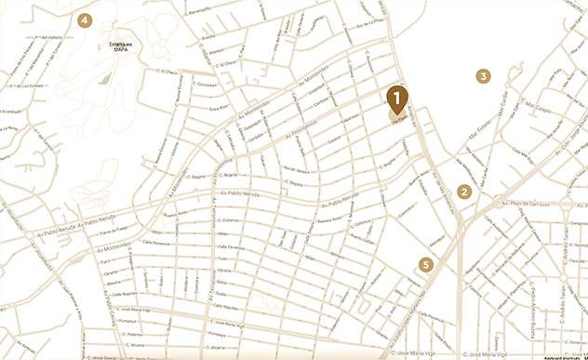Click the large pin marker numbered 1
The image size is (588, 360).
coord(396,98)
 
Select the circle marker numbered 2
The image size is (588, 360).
coord(464,192)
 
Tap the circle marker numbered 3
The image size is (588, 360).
coord(483,75)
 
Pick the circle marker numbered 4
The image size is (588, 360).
coord(86,20)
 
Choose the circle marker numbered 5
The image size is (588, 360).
coord(426,264)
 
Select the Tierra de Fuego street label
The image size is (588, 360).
coord(114,232)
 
